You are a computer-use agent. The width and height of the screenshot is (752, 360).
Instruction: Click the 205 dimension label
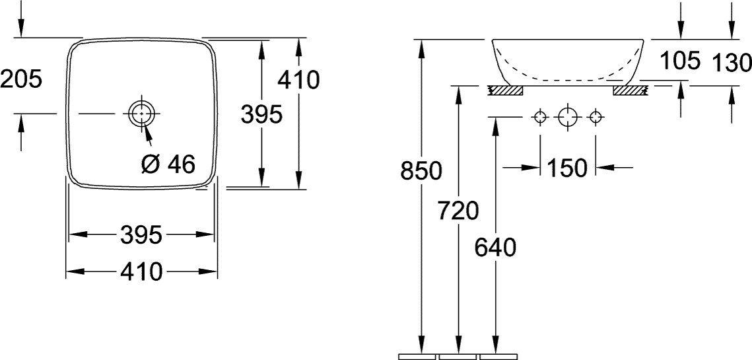click(21, 79)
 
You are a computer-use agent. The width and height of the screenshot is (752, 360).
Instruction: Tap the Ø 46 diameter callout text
click(169, 164)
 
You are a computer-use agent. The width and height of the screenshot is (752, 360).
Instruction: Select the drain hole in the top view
click(140, 114)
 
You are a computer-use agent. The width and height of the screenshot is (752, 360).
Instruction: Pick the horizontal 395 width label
click(141, 234)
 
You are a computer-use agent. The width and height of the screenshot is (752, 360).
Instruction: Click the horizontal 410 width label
click(141, 271)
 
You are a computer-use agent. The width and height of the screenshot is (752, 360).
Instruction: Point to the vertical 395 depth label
click(261, 114)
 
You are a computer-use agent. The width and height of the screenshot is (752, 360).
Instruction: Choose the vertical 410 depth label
click(298, 80)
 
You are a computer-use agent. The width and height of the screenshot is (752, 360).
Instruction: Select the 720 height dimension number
click(458, 211)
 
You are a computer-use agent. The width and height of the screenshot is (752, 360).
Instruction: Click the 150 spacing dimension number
click(566, 168)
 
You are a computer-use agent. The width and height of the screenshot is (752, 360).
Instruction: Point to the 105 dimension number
click(680, 61)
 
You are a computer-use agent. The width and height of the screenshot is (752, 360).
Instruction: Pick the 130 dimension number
click(732, 63)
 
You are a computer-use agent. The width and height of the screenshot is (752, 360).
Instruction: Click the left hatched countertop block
click(505, 89)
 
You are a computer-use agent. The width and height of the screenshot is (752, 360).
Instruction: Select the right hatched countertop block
click(629, 89)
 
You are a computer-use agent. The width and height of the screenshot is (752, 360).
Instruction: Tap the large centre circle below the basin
click(567, 118)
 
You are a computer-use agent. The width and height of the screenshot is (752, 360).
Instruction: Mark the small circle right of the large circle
click(596, 118)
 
